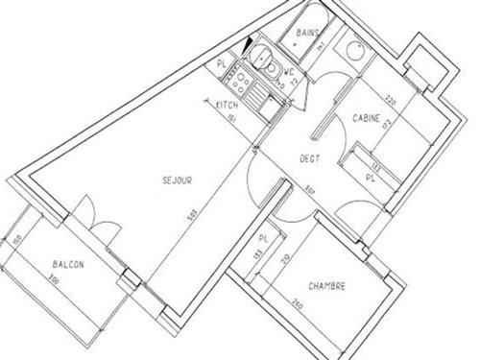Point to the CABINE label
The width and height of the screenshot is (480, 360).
[x=364, y=118]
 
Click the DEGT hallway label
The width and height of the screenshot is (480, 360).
[x=309, y=158]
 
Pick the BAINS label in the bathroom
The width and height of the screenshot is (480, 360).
[x=307, y=34]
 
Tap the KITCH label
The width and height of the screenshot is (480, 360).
[x=227, y=104]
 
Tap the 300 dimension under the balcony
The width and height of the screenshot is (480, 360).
[x=55, y=279]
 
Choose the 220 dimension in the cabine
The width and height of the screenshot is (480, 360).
[x=391, y=99]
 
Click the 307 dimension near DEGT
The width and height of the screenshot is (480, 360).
[x=310, y=188]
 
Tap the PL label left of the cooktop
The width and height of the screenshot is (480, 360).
[x=222, y=63]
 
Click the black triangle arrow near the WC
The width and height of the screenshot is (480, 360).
[x=251, y=43]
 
